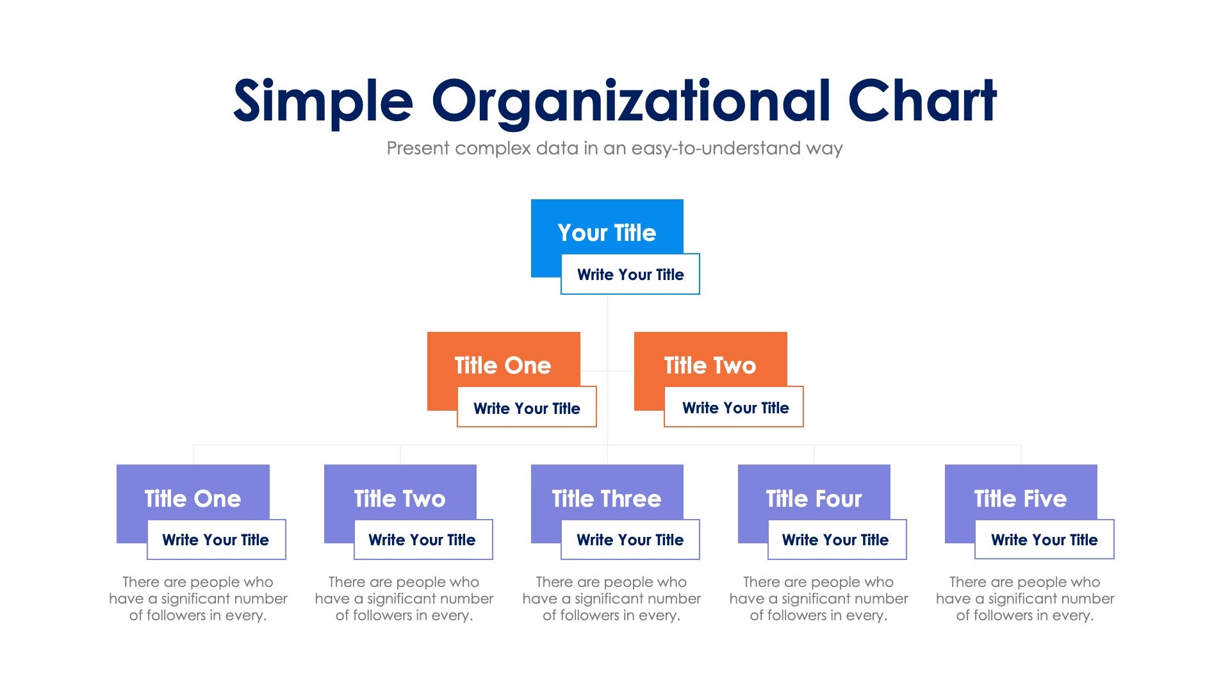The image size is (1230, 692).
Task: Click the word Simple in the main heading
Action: coord(323,101)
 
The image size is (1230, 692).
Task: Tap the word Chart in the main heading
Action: coord(922,101)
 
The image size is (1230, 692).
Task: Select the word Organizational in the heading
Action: coord(630,101)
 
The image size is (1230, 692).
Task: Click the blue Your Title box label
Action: coord(607,233)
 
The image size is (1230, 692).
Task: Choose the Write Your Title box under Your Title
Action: coord(630,275)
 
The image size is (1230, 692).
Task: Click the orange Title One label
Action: coord(503,365)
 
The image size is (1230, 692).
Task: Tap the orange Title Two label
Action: coord(710,365)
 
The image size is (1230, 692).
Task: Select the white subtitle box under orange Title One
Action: coord(527,408)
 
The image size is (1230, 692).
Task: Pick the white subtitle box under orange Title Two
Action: coord(735,408)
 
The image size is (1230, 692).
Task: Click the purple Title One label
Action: coord(193,498)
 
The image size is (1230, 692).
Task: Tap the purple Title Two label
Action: coord(400,498)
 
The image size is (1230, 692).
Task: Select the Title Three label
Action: coord(607,498)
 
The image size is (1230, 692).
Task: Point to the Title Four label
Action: coord(814,498)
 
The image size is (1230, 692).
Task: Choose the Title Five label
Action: coord(1021,498)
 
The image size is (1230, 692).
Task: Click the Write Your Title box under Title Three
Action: coord(630,540)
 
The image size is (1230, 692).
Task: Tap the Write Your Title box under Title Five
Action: coord(1044,540)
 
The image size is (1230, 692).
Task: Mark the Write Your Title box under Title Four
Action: coord(835,540)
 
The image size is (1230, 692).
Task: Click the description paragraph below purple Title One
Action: coord(198,598)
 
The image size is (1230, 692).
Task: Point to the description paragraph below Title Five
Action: coord(1025,598)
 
